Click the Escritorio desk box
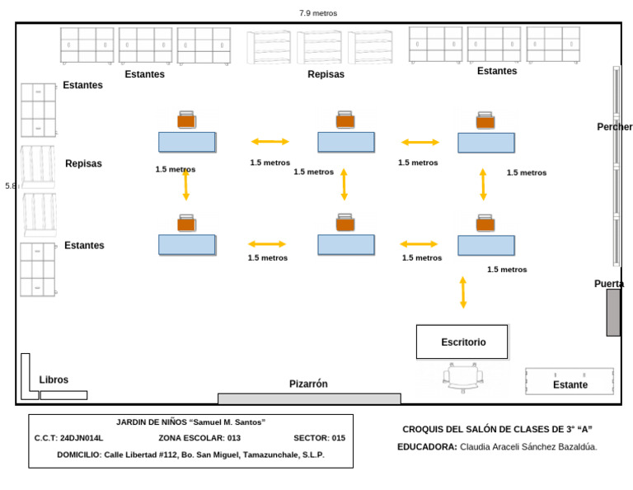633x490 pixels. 462,342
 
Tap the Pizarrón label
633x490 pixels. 308,384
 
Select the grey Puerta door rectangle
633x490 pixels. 612,312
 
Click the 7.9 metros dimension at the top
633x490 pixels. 317,13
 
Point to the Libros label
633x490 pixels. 54,380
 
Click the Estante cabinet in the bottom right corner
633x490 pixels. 570,381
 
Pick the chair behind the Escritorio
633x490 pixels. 462,377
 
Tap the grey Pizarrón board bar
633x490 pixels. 308,398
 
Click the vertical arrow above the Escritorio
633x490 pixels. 462,293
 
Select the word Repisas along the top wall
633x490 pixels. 326,74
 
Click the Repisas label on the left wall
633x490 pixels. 83,163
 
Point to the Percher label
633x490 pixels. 615,127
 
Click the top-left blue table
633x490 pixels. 187,142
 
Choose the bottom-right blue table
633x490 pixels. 486,245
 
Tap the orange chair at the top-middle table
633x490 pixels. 345,120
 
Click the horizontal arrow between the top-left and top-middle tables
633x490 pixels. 270,142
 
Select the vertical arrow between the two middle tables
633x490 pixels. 344,185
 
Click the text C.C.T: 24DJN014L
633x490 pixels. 68,438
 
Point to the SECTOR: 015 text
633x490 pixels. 319,438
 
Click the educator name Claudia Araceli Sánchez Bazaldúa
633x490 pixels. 528,447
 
